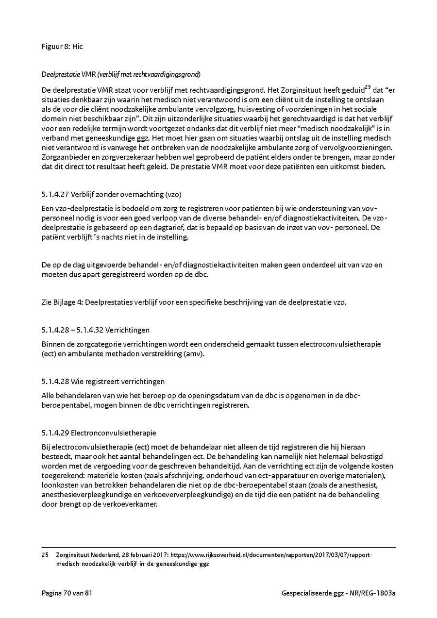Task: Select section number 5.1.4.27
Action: [x=55, y=195]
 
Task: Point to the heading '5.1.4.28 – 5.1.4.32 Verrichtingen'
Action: [x=96, y=330]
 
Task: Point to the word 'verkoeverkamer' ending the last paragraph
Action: [x=134, y=504]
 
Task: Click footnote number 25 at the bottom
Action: [x=45, y=555]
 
